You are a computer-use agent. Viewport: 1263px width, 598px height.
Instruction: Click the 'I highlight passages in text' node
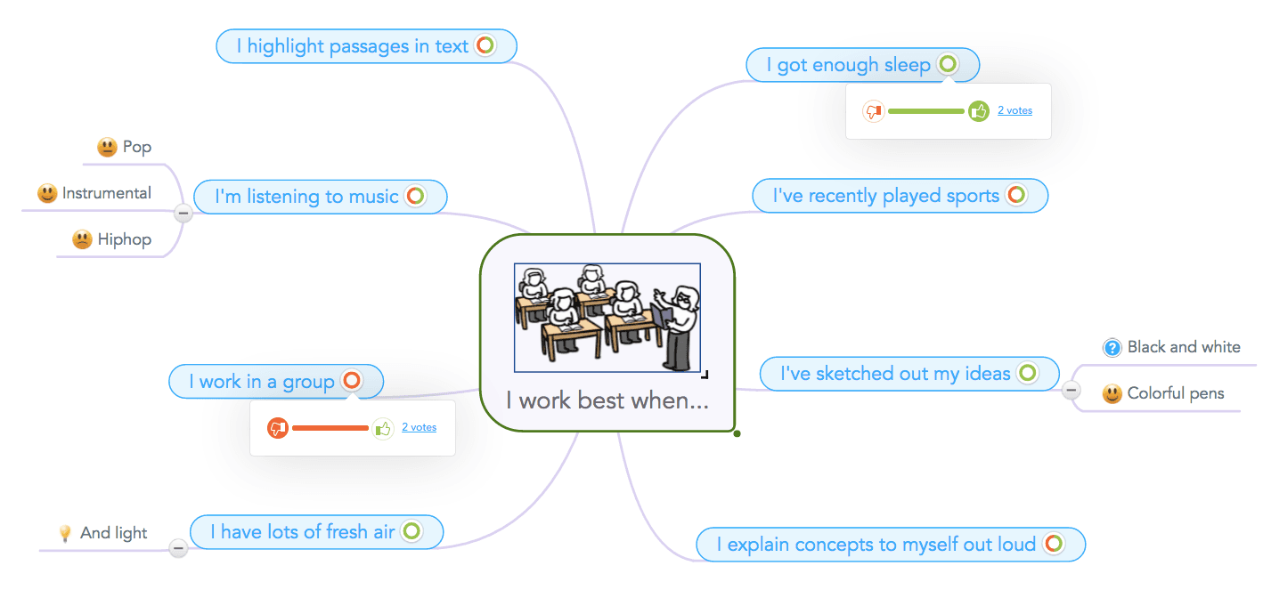tap(352, 46)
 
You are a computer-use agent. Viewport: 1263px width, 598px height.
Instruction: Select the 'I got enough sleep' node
tap(848, 65)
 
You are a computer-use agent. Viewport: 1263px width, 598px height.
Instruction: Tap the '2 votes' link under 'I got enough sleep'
tap(1014, 110)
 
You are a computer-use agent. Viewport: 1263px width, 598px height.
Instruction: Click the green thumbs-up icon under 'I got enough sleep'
tap(979, 111)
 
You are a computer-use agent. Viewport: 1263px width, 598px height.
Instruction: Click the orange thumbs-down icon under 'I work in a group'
tap(278, 428)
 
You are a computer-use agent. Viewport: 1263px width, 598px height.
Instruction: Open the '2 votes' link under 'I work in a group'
tap(419, 427)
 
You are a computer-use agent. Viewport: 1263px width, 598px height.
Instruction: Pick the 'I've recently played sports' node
tap(885, 196)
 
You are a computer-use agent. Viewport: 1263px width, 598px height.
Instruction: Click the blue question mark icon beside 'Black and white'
tap(1112, 348)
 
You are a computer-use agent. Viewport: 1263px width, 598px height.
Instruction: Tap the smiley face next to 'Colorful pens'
tap(1112, 393)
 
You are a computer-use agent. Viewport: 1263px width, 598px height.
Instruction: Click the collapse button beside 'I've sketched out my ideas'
tap(1072, 390)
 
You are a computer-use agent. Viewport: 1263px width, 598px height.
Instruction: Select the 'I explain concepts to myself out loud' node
tap(876, 545)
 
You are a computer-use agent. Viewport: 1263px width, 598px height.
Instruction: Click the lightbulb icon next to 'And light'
tap(64, 533)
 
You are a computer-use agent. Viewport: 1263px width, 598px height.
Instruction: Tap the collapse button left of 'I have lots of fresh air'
tap(179, 549)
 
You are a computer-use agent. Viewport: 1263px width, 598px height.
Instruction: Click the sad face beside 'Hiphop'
tap(82, 239)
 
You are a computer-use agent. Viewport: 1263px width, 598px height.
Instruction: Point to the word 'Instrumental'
tap(107, 193)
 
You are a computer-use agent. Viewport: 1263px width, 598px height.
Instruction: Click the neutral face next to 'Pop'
tap(107, 147)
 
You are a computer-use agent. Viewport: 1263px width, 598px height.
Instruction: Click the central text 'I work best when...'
tap(607, 400)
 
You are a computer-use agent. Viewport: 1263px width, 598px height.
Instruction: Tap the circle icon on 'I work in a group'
tap(352, 381)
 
